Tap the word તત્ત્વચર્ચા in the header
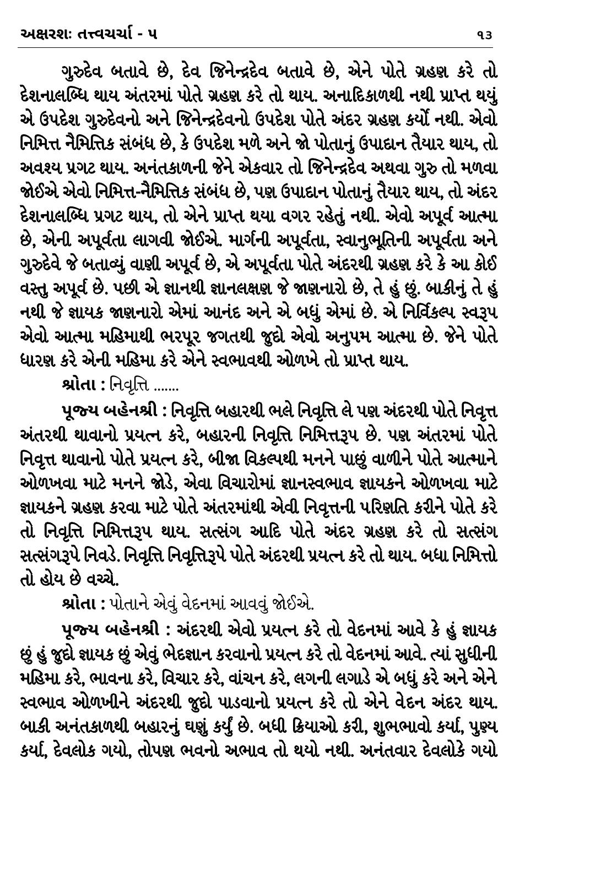click(x=108, y=34)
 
